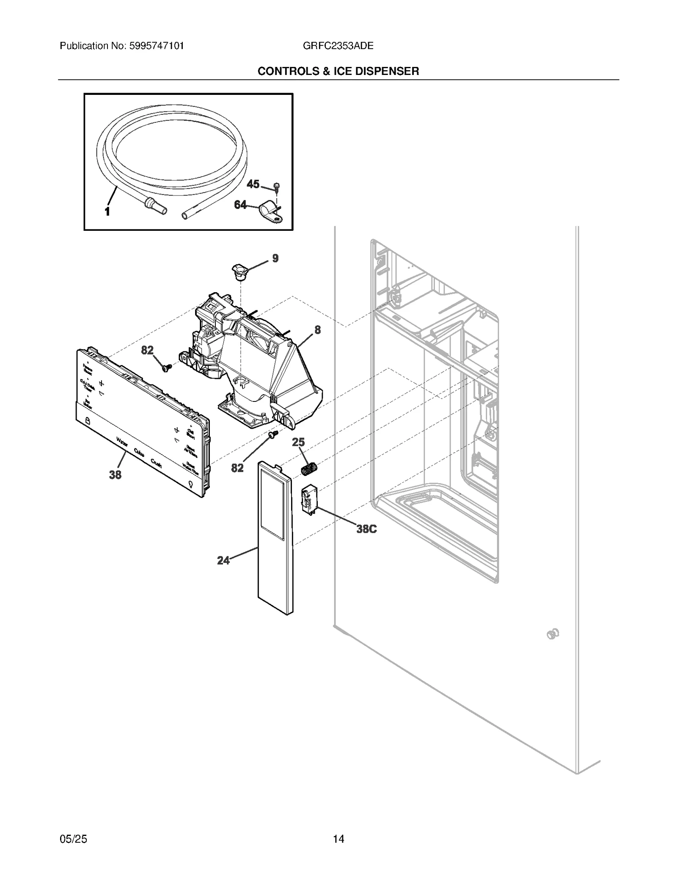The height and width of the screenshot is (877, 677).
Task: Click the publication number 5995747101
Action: point(155,46)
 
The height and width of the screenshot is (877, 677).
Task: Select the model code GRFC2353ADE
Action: point(338,46)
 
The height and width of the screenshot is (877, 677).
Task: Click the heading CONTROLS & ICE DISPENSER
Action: point(338,71)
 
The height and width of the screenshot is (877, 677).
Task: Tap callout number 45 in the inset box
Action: point(253,184)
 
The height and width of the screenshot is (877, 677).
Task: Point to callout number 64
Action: point(240,205)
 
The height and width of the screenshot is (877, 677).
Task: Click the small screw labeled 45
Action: point(276,186)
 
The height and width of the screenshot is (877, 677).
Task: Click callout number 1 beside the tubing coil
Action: point(107,211)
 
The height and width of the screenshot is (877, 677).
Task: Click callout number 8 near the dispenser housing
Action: point(317,329)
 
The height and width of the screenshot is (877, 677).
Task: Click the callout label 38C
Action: point(366,529)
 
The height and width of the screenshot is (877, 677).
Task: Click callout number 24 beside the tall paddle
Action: point(223,561)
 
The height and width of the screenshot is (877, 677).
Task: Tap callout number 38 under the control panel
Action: point(115,475)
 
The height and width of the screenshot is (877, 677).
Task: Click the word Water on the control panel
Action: point(122,443)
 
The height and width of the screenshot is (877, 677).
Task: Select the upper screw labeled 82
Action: point(166,368)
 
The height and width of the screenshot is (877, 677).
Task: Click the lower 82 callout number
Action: point(237,468)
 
